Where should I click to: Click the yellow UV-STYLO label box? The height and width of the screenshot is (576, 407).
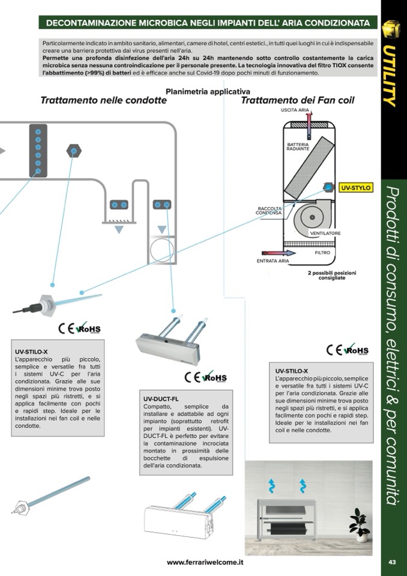[356, 188]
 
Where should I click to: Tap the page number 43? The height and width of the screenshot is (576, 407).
[392, 562]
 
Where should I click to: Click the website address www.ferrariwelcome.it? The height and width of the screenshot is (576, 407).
[205, 562]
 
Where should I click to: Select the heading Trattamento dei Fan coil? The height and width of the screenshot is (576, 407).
[297, 100]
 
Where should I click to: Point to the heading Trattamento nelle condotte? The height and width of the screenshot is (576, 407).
[103, 100]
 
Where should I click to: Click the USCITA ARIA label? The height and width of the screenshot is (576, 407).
[295, 110]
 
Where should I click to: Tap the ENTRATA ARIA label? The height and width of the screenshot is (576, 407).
[273, 261]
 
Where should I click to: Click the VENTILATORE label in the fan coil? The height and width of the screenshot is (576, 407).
[325, 233]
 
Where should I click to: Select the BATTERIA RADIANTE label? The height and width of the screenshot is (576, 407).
[298, 147]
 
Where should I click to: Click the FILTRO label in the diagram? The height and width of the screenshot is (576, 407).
[322, 253]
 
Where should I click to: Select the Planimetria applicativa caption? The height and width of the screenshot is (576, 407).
[203, 92]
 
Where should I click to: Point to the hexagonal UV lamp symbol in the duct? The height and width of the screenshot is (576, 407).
[74, 150]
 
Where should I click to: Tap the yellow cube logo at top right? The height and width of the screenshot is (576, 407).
[391, 29]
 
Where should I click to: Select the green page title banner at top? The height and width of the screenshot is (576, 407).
[208, 23]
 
